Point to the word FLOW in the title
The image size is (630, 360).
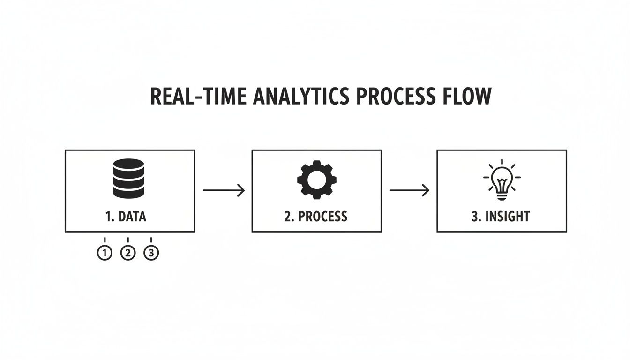(x=469, y=96)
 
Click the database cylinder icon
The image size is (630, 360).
(x=128, y=178)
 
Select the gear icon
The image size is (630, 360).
(x=316, y=180)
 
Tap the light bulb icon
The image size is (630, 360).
(x=502, y=180)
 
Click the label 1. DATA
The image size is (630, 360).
(x=126, y=217)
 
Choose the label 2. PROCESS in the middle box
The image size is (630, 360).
(x=316, y=217)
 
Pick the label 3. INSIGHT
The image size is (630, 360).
(x=501, y=217)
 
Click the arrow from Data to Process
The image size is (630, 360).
(x=224, y=190)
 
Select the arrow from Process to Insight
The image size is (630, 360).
(x=409, y=190)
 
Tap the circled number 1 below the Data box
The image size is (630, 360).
(x=105, y=253)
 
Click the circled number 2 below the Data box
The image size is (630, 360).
(x=127, y=253)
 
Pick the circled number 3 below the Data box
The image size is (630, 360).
(x=151, y=253)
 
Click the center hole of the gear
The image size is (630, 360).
(x=316, y=180)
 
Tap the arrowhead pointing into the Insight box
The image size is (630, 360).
(x=426, y=190)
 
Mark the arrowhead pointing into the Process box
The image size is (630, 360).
(x=241, y=190)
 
